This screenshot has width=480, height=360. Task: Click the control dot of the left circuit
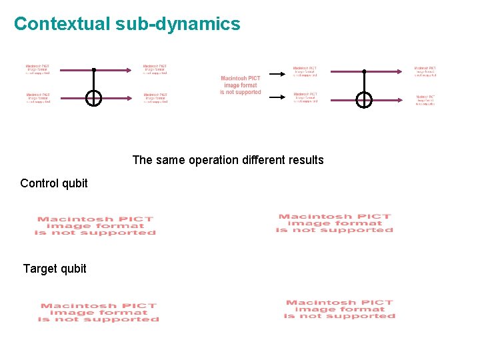(94, 69)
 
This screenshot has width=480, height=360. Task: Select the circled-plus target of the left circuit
(94, 99)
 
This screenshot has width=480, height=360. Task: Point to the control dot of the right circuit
(364, 71)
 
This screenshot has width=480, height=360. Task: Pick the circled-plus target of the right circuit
(364, 100)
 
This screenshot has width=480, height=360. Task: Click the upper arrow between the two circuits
(276, 73)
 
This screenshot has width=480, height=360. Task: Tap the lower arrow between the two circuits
(276, 97)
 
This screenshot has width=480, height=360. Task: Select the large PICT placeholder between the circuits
(241, 85)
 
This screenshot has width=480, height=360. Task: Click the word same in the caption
(169, 160)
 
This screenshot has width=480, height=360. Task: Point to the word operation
(213, 160)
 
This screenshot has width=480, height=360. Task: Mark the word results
(307, 160)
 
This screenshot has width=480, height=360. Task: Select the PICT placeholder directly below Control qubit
(95, 225)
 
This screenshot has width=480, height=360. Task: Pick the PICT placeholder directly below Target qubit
(99, 313)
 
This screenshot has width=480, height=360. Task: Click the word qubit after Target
(73, 269)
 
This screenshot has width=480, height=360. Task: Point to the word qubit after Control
(74, 183)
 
